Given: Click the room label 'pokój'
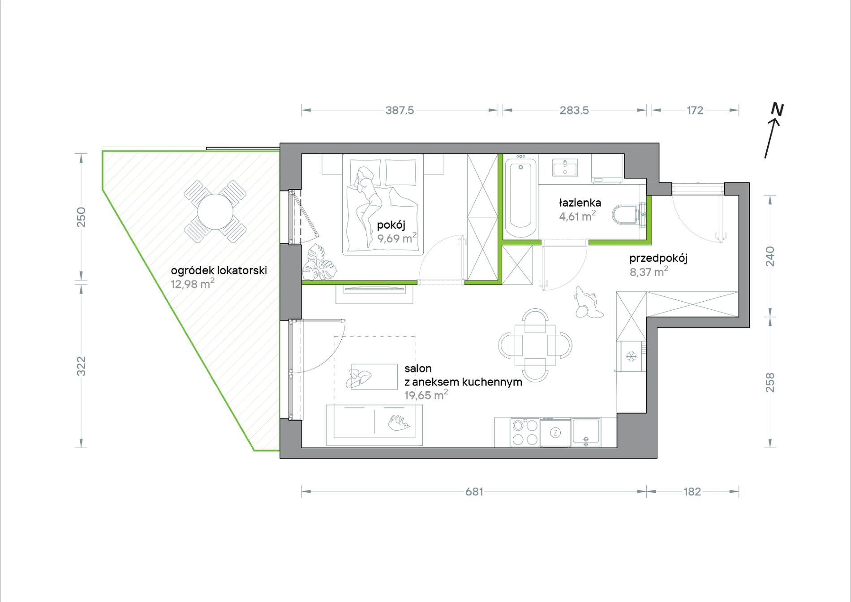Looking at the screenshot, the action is pyautogui.click(x=391, y=225).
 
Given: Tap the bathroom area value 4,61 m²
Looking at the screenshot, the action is pyautogui.click(x=577, y=216).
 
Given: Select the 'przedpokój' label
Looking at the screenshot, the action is pyautogui.click(x=658, y=258).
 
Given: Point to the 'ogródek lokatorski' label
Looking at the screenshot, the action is pyautogui.click(x=219, y=270).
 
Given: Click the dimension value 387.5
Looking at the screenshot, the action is pyautogui.click(x=400, y=110).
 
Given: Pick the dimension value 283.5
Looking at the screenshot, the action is pyautogui.click(x=574, y=110).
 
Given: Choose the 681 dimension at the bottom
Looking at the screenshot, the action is pyautogui.click(x=474, y=492).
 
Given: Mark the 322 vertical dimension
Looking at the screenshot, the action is pyautogui.click(x=81, y=366).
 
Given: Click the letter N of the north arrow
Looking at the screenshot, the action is pyautogui.click(x=777, y=110).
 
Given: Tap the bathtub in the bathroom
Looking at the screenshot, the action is pyautogui.click(x=520, y=197).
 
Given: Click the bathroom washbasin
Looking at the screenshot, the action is pyautogui.click(x=565, y=168).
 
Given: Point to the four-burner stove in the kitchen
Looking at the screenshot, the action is pyautogui.click(x=524, y=432).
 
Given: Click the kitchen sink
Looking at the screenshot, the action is pyautogui.click(x=585, y=433).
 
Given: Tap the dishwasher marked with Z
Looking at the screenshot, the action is pyautogui.click(x=555, y=433).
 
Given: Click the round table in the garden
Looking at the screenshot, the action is pyautogui.click(x=215, y=212).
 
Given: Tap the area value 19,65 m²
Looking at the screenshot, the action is pyautogui.click(x=426, y=395).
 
